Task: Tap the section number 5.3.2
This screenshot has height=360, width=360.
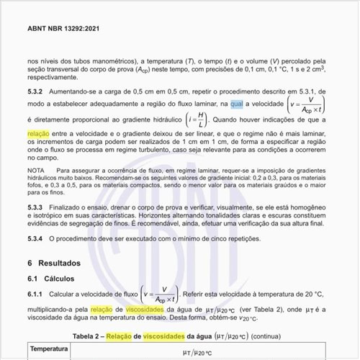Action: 35,91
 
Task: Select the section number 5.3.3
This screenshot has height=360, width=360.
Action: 35,207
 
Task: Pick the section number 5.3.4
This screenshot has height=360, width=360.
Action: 35,238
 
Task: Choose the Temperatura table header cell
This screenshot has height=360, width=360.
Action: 49,349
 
